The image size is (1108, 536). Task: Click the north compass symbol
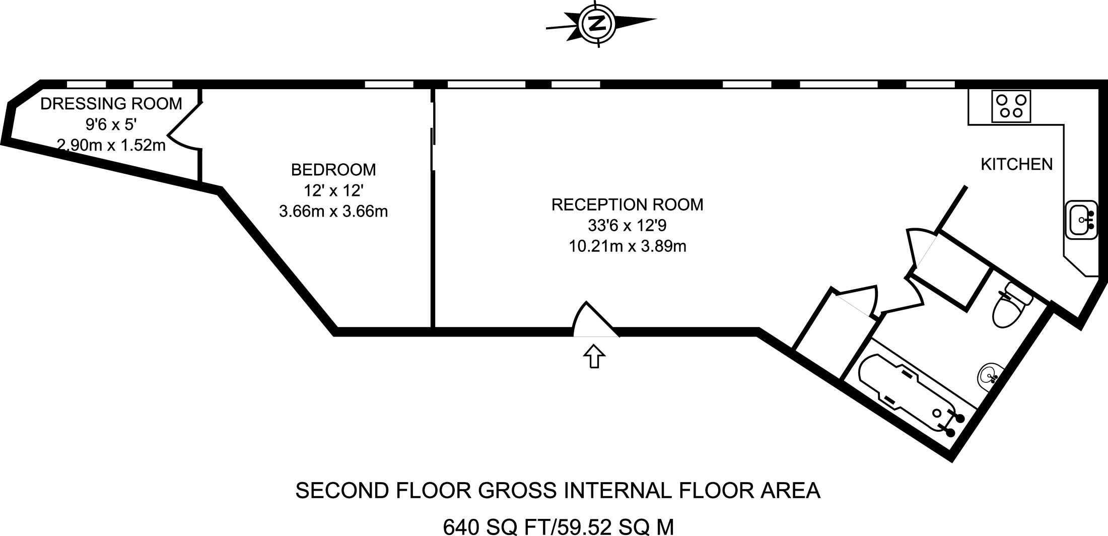pyautogui.click(x=598, y=23)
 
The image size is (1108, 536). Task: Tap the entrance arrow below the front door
pyautogui.click(x=594, y=356)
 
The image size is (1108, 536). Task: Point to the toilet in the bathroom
pyautogui.click(x=1010, y=307)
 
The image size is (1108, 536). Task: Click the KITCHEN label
pyautogui.click(x=1016, y=164)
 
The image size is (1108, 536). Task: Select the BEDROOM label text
pyautogui.click(x=333, y=170)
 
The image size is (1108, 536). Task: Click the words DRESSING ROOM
pyautogui.click(x=111, y=104)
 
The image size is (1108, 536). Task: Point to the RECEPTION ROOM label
pyautogui.click(x=627, y=205)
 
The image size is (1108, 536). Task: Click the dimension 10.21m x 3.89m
pyautogui.click(x=627, y=246)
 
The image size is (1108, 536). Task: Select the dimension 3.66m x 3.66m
pyautogui.click(x=333, y=211)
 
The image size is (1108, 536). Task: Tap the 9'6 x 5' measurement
pyautogui.click(x=111, y=124)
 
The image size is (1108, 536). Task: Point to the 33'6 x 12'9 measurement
pyautogui.click(x=627, y=225)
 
